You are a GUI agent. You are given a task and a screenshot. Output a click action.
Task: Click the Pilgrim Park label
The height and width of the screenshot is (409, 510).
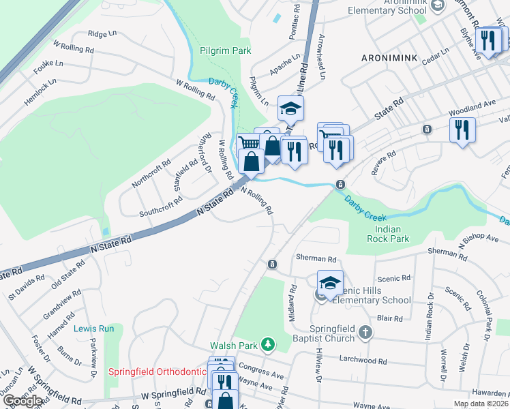(x=225, y=50)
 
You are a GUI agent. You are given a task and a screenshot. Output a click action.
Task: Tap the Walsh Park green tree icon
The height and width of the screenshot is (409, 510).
(x=270, y=344)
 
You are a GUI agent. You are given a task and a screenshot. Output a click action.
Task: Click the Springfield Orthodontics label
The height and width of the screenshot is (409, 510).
(x=157, y=372)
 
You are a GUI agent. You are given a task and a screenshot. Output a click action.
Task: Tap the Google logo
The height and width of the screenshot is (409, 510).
(x=22, y=402)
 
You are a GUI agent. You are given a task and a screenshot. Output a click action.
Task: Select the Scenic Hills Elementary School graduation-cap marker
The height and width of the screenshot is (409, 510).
(x=330, y=282)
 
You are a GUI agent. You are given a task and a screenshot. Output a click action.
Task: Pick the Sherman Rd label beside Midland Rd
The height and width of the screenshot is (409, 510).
(x=316, y=259)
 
